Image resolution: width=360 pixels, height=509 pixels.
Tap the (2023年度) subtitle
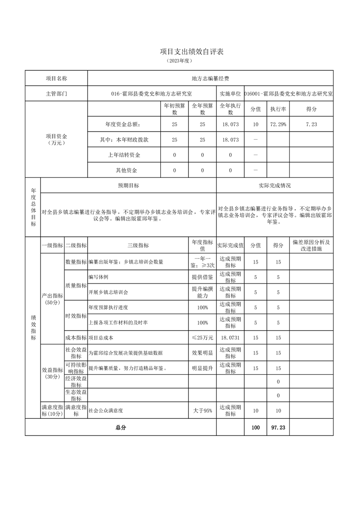coord(180,61)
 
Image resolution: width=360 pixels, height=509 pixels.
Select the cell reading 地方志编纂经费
coord(210,78)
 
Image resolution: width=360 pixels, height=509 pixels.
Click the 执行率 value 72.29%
coord(278,124)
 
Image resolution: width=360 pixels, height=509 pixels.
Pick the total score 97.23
coord(278,427)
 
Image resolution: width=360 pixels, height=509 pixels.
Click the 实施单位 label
coord(230,94)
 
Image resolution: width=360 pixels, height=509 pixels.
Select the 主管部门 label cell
coord(56,94)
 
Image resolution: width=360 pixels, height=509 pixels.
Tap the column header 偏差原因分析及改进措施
coord(311,245)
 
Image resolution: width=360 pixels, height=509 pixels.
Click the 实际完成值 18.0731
coord(230,338)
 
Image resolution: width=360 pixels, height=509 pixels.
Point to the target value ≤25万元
coord(202,338)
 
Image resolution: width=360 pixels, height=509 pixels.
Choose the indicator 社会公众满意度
coord(106,411)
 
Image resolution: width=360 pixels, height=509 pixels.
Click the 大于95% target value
coord(202,411)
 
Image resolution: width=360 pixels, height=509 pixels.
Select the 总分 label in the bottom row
coord(121,427)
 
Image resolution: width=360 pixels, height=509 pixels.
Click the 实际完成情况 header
coord(275,185)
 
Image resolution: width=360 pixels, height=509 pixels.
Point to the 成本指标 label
coord(75,338)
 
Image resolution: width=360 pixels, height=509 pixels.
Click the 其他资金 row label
coord(123,170)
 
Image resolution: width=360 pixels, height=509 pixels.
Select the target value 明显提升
coord(202,368)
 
